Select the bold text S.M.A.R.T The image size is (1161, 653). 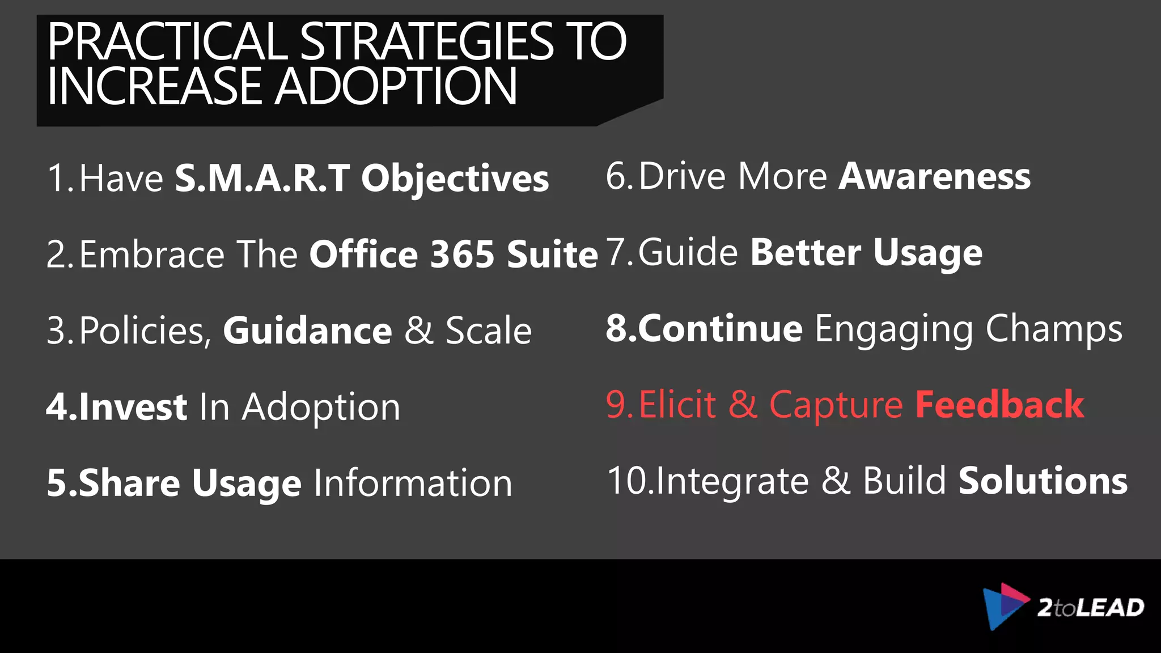click(262, 178)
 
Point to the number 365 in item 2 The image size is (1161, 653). click(462, 254)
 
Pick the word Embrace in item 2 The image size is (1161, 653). click(152, 254)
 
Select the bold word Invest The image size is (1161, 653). click(133, 406)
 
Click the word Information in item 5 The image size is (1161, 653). click(413, 483)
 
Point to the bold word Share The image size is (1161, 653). click(129, 483)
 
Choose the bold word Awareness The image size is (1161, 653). click(934, 176)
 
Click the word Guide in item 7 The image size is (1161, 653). click(688, 252)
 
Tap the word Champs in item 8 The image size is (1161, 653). click(1053, 329)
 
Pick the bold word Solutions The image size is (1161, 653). click(1043, 481)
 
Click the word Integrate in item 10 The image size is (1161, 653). click(732, 482)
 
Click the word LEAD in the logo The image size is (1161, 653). click(1109, 608)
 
